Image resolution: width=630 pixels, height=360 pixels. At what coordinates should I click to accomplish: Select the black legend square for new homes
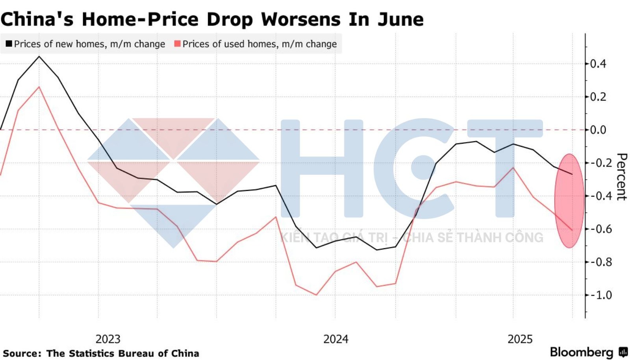click(9, 44)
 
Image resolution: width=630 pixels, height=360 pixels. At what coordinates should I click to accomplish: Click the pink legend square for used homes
click(177, 44)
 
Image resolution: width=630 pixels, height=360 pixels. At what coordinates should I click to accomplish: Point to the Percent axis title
click(621, 177)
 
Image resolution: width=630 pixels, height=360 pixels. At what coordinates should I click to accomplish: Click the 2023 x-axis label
click(108, 339)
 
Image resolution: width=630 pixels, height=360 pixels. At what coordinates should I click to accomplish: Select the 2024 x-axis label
click(335, 339)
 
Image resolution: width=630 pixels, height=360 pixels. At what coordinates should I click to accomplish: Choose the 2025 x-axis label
click(520, 339)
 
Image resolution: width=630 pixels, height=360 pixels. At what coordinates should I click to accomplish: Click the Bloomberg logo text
click(582, 352)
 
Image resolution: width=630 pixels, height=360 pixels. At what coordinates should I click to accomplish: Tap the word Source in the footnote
click(21, 353)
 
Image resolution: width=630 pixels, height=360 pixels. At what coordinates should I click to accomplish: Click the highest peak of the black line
click(39, 57)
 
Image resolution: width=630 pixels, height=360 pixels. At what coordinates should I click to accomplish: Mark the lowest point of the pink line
click(316, 295)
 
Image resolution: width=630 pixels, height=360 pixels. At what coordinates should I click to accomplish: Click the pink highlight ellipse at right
click(569, 201)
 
